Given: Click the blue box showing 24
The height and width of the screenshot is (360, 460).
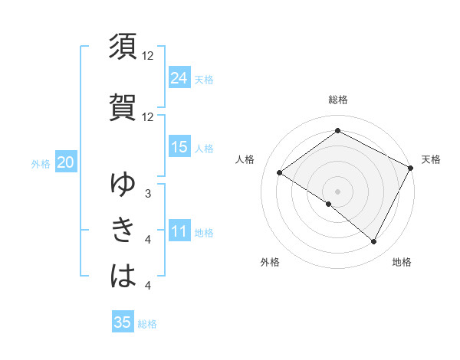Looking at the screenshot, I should coord(179,78).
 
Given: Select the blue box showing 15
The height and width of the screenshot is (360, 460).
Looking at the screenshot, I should coord(179,147).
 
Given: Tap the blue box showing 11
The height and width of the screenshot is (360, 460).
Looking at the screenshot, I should coord(179,231).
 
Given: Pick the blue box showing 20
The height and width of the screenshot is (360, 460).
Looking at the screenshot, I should coord(66,162).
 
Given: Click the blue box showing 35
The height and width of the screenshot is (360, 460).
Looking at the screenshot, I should coord(123,322).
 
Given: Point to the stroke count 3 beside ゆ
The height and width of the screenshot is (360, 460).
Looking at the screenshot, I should coord(148,194).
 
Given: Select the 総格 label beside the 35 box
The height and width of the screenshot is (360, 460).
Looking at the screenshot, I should coord(147,324).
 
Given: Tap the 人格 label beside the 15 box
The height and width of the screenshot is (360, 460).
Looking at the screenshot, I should coord(204,148).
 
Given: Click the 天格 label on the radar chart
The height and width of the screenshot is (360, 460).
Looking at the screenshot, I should coord(431,159).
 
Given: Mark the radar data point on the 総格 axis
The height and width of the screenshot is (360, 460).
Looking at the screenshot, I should coord(337,131).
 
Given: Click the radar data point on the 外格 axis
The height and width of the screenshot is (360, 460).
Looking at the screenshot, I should coord(329,204).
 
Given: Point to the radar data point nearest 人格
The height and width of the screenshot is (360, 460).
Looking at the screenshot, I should coord(280,173).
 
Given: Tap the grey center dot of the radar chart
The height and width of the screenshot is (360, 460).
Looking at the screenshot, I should coord(337,191).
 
